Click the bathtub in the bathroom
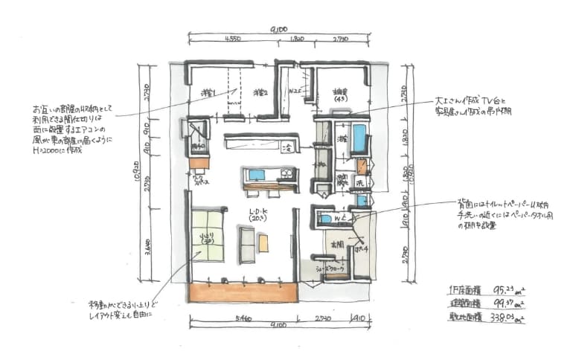tap(359, 138)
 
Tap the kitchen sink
tap(256, 175)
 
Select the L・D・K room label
tap(257, 214)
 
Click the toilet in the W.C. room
tap(324, 218)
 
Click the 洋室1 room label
tap(208, 93)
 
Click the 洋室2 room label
tap(259, 93)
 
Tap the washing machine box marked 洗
tap(359, 183)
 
